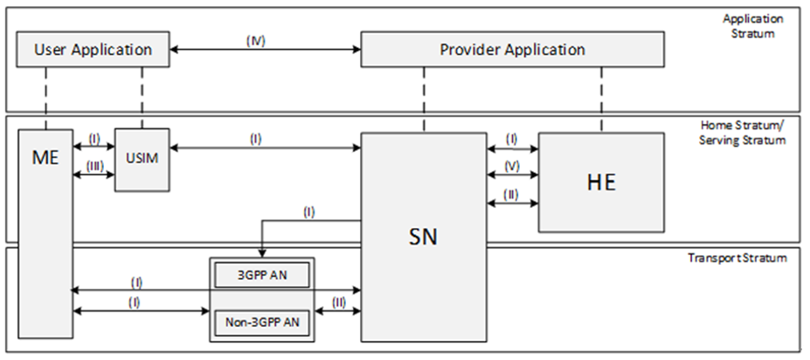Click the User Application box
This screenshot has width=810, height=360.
coord(93,50)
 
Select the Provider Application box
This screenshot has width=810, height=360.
coord(511,50)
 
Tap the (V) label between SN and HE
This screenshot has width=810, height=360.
coord(513,163)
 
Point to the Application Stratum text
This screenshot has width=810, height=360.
coord(753,24)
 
